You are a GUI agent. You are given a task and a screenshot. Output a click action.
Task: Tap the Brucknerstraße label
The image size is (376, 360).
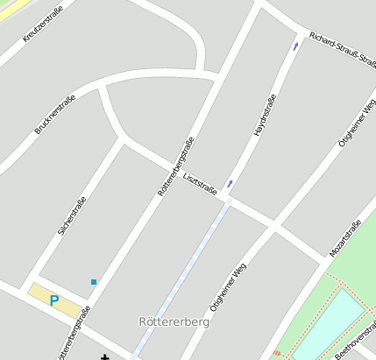(54, 114)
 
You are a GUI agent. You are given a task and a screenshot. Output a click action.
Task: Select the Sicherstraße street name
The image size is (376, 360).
(72, 215)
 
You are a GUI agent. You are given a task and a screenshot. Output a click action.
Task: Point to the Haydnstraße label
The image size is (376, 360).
(265, 114)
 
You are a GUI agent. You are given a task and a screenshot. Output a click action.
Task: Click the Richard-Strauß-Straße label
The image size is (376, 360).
(343, 50)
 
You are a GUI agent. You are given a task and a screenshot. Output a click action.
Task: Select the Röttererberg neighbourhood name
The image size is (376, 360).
(173, 321)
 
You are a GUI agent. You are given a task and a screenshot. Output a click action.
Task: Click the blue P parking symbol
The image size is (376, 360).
(53, 300)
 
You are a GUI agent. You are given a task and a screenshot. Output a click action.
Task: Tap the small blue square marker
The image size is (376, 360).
(93, 281)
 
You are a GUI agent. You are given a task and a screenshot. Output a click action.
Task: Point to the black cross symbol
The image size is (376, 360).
(105, 356)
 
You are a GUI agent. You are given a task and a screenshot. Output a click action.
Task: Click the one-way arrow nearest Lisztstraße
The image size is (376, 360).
(230, 183)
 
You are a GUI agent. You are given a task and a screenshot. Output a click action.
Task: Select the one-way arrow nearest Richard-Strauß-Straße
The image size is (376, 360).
(295, 46)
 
